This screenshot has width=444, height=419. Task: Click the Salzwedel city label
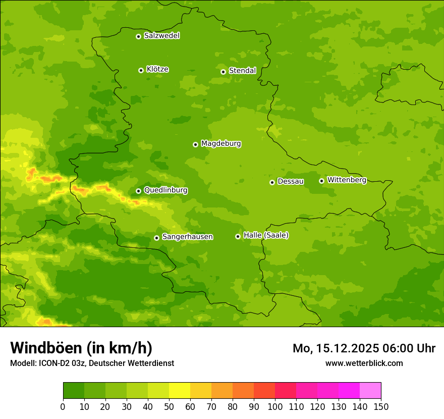pos(161,36)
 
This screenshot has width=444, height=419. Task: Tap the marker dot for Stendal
pos(223,72)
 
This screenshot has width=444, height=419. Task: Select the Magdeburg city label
pos(221,144)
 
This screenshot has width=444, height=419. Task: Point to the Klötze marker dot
pos(141,70)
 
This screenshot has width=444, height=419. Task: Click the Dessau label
pos(291,182)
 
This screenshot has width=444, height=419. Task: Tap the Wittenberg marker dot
pos(321,181)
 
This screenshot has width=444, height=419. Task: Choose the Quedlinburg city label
pos(165,190)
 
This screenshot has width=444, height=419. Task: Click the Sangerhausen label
pos(187,237)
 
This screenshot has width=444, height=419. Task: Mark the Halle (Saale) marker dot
pos(238,236)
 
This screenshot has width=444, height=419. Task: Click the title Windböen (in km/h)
pos(81,348)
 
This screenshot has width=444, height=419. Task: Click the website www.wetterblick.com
pos(364,363)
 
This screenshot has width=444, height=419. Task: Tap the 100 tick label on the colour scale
pos(275,406)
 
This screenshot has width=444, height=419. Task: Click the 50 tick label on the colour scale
pos(169,406)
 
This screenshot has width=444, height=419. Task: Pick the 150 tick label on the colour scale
pos(381,406)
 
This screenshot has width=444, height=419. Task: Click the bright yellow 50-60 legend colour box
pos(180,391)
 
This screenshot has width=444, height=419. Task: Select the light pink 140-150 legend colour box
pos(370,391)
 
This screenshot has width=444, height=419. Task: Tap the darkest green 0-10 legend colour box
pos(74,391)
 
